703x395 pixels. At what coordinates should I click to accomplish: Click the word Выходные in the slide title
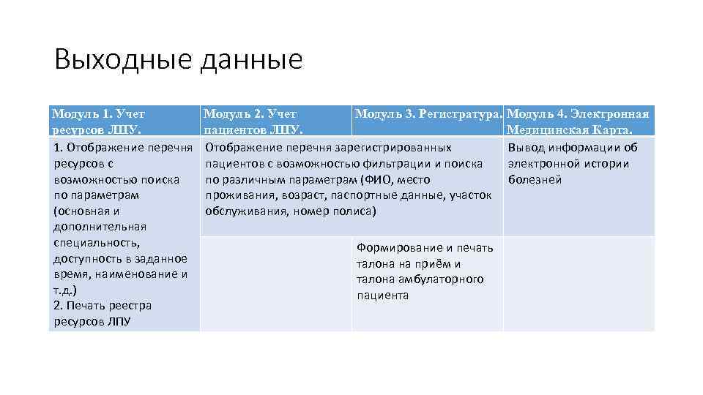click(121, 60)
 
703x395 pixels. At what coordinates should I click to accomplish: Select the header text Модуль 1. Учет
click(99, 113)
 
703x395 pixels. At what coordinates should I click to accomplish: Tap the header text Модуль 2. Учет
click(250, 113)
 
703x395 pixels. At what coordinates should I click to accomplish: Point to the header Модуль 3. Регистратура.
click(428, 113)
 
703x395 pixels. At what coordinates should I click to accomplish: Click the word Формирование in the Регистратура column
click(399, 248)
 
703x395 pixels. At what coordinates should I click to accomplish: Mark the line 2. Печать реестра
click(103, 306)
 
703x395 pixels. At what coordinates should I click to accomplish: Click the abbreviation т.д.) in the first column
click(65, 290)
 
